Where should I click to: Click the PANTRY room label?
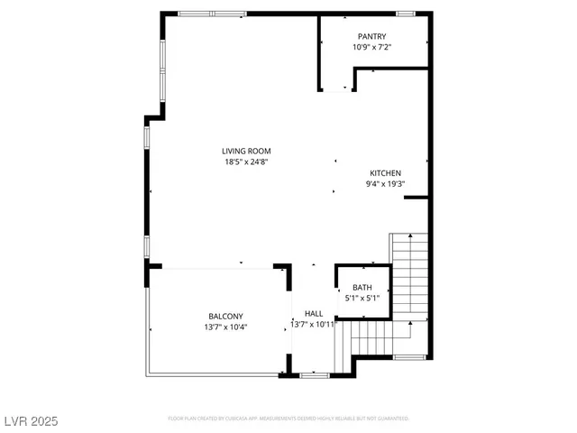[x=371, y=36]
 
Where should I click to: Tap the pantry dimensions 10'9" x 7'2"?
[x=371, y=46]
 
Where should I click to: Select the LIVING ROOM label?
[x=247, y=152]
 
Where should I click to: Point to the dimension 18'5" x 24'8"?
[x=247, y=162]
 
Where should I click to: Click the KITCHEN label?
[x=385, y=173]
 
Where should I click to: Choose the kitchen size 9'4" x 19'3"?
[x=385, y=184]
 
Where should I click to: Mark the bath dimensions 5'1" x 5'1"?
[x=362, y=298]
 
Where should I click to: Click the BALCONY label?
[x=225, y=316]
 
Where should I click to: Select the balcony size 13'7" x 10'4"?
[x=225, y=327]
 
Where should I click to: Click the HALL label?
[x=314, y=314]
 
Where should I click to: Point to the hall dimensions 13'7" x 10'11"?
[x=313, y=324]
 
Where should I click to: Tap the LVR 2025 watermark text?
[x=29, y=419]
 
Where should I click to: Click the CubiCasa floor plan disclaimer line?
[x=288, y=419]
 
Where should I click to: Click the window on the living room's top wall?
[x=213, y=14]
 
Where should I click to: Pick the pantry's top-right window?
[x=406, y=14]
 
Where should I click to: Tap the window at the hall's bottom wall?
[x=313, y=374]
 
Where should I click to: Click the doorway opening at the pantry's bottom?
[x=338, y=89]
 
